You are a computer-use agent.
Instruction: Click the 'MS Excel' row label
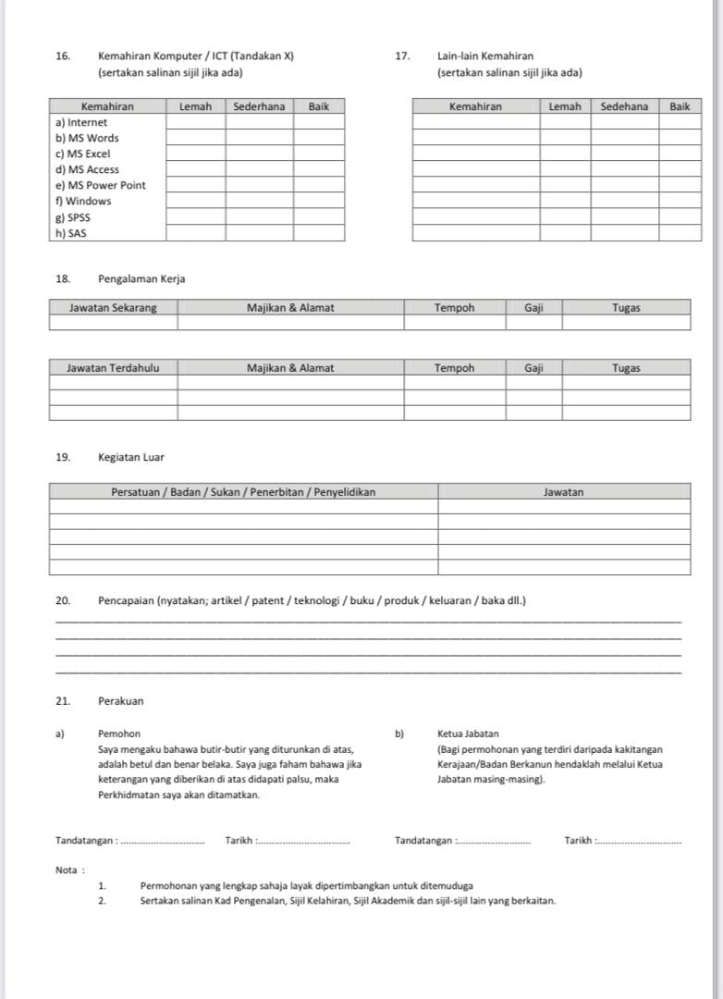[83, 154]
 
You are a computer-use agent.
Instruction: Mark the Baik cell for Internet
[319, 122]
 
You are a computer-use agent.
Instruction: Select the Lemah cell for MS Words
[195, 138]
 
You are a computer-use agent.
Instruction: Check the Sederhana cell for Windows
[259, 201]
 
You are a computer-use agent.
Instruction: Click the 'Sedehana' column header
[624, 106]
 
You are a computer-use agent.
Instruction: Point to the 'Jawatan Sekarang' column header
[113, 308]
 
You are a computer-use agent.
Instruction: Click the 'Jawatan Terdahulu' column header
[113, 368]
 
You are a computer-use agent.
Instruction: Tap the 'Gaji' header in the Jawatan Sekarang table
[533, 308]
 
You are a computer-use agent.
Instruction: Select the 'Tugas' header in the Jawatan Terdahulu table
[626, 368]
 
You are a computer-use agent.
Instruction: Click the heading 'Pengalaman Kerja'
[141, 279]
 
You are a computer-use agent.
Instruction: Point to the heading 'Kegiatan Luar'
[131, 457]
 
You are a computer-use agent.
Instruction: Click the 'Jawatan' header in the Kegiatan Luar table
[563, 492]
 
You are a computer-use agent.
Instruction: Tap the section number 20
[63, 601]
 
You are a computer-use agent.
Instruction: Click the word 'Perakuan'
[120, 701]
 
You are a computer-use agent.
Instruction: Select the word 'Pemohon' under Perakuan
[119, 734]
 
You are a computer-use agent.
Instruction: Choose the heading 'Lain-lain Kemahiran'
[485, 56]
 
